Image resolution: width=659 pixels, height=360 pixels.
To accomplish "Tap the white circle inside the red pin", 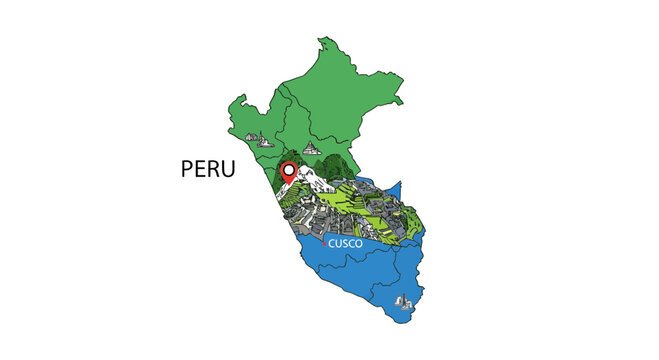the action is [x=289, y=170].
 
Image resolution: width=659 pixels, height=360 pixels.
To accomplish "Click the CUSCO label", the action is [x=346, y=243].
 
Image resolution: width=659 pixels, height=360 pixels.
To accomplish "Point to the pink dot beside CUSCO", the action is [x=324, y=242].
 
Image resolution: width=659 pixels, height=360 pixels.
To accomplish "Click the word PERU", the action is [x=208, y=169].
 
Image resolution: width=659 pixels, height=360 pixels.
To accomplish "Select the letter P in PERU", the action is [x=187, y=169].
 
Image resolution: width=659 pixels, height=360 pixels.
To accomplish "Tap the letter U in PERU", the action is [x=228, y=169].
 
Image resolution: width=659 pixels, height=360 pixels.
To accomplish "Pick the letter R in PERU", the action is [x=214, y=169].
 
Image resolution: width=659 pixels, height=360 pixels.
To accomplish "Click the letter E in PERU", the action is [x=200, y=169].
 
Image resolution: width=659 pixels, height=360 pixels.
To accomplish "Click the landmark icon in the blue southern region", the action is [x=404, y=301].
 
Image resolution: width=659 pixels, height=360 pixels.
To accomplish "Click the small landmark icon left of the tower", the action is [x=252, y=137].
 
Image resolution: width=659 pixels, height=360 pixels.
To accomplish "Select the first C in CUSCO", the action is [x=332, y=243].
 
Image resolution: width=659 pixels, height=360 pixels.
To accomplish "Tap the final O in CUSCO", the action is [x=360, y=243].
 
